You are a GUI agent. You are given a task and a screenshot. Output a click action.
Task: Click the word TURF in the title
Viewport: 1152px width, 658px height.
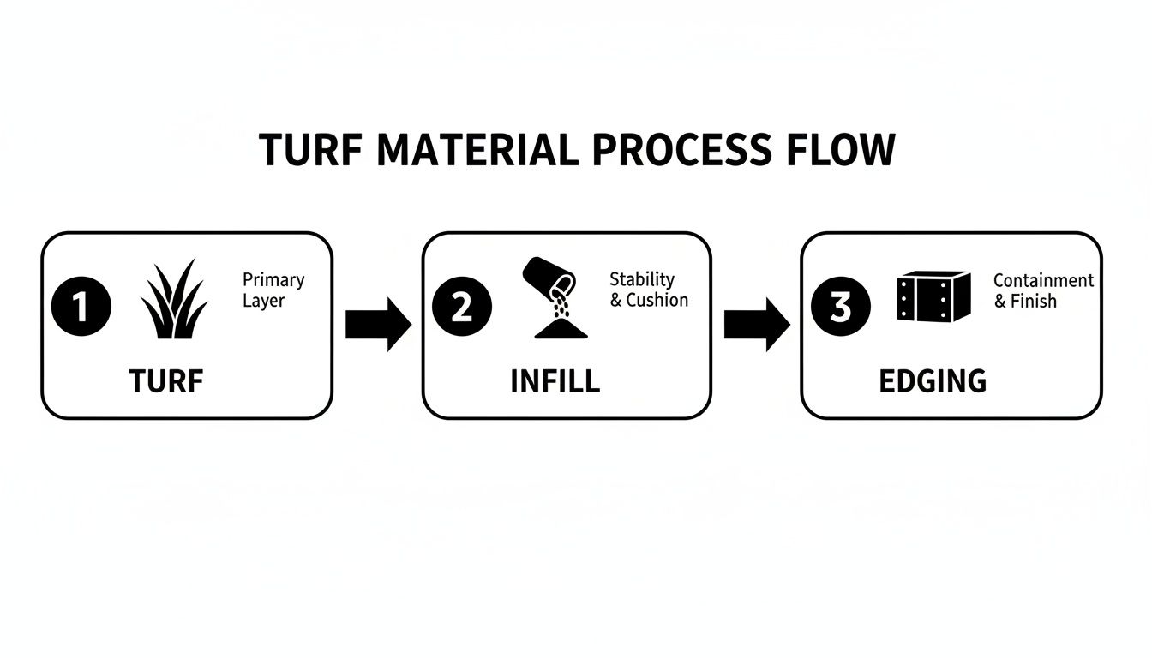point(311,151)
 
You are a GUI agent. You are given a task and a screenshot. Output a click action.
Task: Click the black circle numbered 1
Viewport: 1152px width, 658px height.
point(81,307)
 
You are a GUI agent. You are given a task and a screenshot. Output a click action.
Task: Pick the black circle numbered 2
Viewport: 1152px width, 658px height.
point(462,307)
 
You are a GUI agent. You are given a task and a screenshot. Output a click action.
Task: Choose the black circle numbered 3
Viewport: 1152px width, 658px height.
point(841,307)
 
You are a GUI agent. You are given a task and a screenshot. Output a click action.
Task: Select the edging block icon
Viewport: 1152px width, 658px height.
point(933,296)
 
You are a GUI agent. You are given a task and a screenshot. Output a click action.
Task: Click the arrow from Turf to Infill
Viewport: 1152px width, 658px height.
point(378,325)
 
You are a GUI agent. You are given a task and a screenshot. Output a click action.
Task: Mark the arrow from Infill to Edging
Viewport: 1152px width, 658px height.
point(757,325)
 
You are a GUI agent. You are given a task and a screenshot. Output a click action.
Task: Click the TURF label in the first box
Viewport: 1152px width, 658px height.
point(166,380)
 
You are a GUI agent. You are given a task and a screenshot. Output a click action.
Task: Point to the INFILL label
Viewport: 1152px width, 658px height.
point(555,380)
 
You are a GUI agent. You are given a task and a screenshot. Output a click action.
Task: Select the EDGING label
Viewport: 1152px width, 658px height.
point(933,380)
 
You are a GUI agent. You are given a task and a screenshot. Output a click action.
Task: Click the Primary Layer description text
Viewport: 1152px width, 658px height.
point(273,290)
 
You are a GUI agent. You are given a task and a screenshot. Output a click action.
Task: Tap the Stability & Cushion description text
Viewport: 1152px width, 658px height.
point(648,290)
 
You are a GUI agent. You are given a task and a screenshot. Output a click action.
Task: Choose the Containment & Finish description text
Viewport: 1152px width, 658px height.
point(1043,290)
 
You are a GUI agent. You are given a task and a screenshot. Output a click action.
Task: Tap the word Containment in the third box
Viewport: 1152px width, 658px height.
point(1043,280)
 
